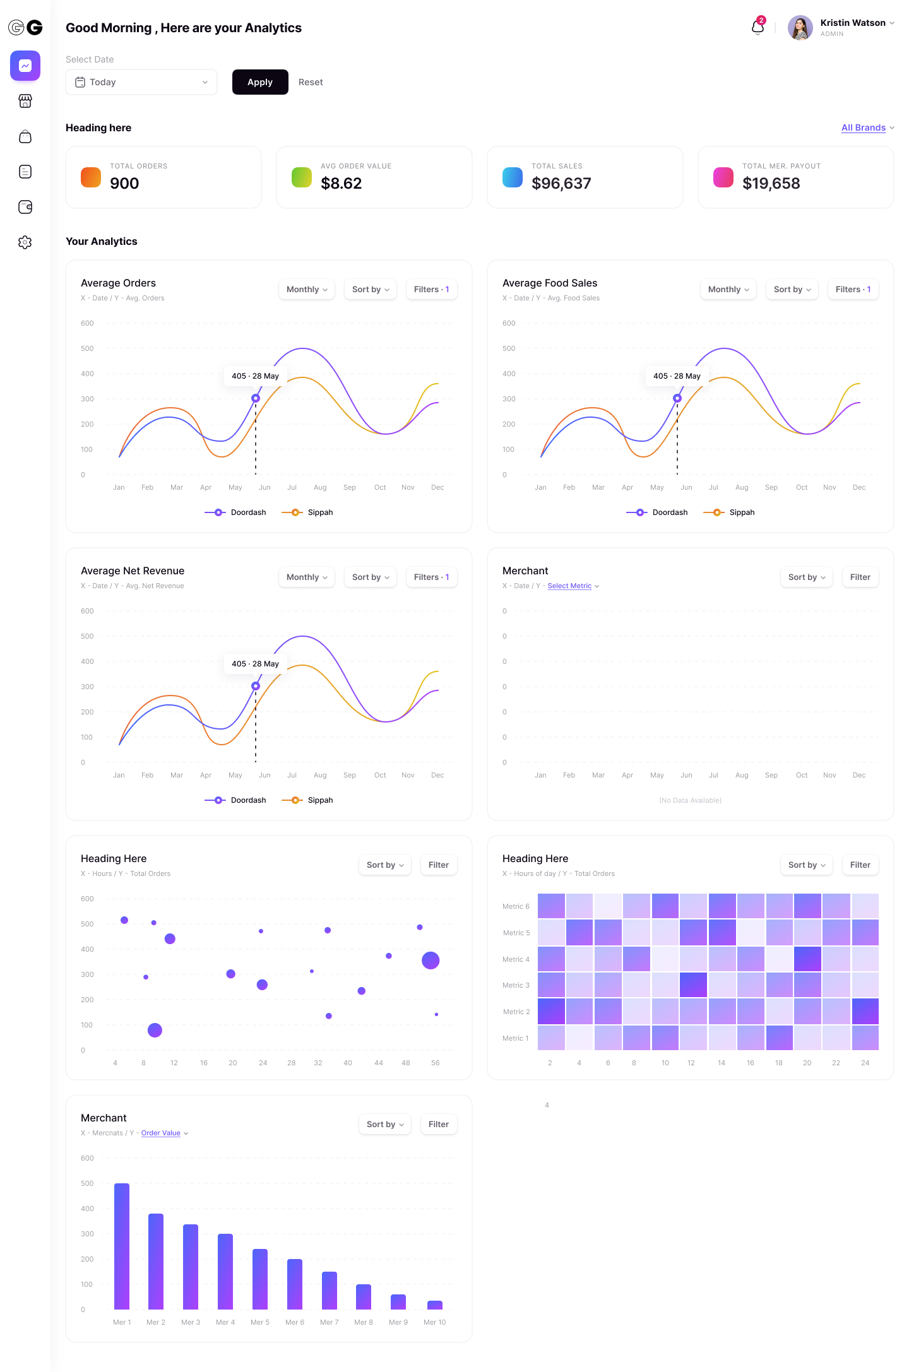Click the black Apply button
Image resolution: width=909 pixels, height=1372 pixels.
pyautogui.click(x=260, y=82)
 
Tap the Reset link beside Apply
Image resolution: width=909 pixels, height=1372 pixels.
pyautogui.click(x=311, y=82)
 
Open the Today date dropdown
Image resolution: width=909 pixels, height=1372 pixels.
pyautogui.click(x=141, y=82)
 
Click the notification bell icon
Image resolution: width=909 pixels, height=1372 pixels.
pyautogui.click(x=757, y=27)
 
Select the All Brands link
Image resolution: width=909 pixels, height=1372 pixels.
pyautogui.click(x=863, y=127)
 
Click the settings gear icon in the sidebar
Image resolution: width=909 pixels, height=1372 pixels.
pyautogui.click(x=25, y=242)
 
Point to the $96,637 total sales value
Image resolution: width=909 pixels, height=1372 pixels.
pyautogui.click(x=561, y=184)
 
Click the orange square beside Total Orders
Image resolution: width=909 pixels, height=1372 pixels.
pyautogui.click(x=91, y=177)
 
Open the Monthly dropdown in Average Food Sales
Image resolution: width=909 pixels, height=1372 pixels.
pyautogui.click(x=728, y=290)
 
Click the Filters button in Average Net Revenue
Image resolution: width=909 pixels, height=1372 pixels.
pyautogui.click(x=431, y=577)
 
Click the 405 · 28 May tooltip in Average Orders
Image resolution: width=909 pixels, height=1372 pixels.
pyautogui.click(x=255, y=376)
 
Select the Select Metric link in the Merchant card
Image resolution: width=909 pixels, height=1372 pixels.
pyautogui.click(x=569, y=586)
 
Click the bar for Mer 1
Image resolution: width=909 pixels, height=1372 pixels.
pyautogui.click(x=122, y=1246)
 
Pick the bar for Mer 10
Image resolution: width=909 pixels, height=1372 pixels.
pyautogui.click(x=435, y=1305)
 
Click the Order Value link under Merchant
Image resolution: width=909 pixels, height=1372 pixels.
pyautogui.click(x=161, y=1133)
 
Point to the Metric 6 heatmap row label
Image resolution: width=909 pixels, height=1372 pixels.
pyautogui.click(x=516, y=907)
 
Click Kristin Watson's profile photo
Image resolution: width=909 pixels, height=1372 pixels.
pyautogui.click(x=800, y=28)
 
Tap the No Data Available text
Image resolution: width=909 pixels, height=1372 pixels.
pyautogui.click(x=690, y=800)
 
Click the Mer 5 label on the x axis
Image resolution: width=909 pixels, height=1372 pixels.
pyautogui.click(x=260, y=1322)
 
